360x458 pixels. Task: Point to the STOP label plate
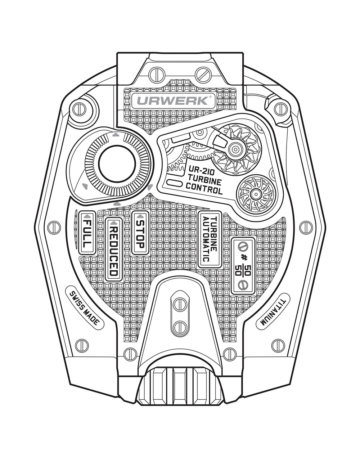point(140,233)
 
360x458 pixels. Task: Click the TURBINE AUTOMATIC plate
point(210,239)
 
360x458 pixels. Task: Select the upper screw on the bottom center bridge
point(180,304)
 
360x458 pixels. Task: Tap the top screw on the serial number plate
point(243,247)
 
